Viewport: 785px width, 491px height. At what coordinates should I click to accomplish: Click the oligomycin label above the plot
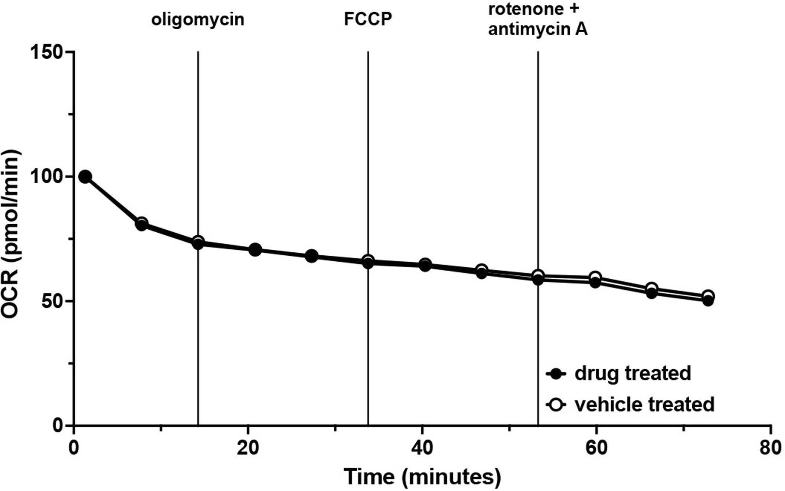(x=197, y=20)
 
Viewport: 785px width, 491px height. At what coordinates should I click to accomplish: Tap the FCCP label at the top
(x=367, y=19)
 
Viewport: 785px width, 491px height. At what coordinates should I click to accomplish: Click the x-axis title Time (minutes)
(x=422, y=477)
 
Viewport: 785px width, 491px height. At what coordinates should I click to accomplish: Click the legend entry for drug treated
(x=632, y=373)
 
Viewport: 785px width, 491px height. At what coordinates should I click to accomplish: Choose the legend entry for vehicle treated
(x=644, y=404)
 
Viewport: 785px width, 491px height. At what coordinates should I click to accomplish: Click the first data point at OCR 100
(x=85, y=177)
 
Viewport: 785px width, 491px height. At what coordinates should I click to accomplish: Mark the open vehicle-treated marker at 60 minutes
(x=595, y=277)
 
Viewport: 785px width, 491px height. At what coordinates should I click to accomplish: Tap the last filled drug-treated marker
(x=708, y=301)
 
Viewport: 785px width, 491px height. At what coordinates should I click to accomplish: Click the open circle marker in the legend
(x=556, y=405)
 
